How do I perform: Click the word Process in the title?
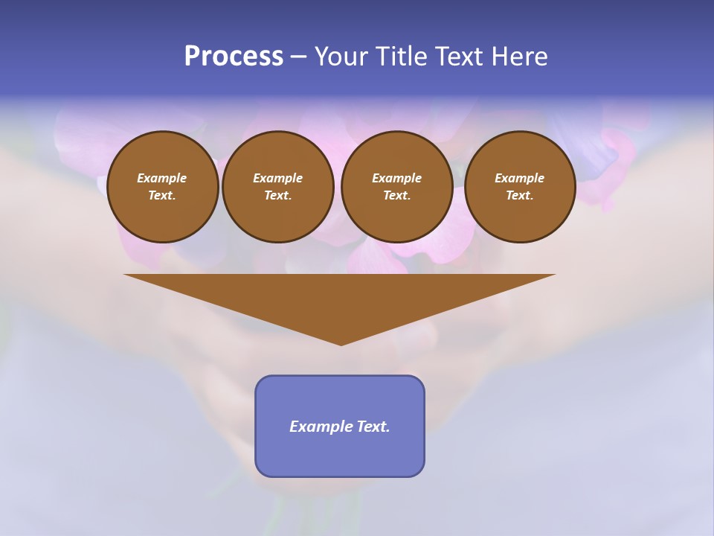(x=234, y=57)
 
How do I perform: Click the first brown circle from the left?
(x=162, y=187)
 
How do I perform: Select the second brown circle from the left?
(x=278, y=187)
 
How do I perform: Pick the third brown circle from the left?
(x=396, y=187)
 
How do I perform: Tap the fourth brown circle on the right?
(x=520, y=187)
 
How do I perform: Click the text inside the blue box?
(x=340, y=427)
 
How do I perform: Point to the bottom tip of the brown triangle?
(x=341, y=344)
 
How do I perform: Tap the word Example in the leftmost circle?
(x=162, y=179)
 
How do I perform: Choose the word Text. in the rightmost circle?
(x=520, y=196)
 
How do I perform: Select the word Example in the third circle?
(x=396, y=179)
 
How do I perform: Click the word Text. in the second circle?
(x=278, y=196)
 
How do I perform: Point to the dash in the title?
(x=298, y=57)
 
